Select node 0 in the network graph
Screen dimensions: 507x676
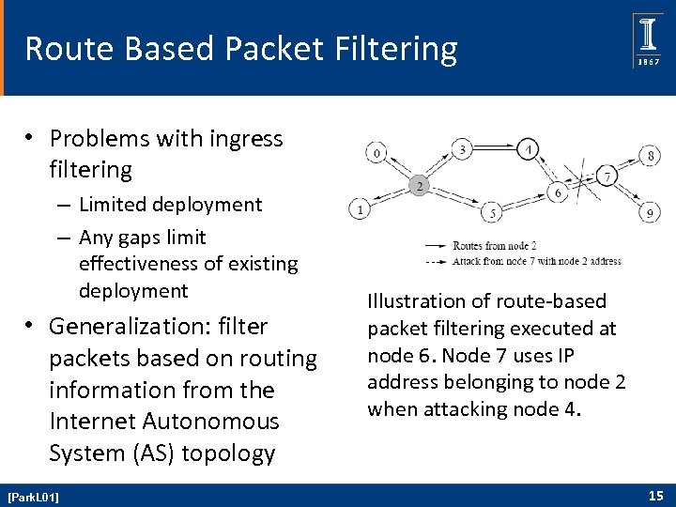[376, 152]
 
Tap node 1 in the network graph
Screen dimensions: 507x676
[360, 208]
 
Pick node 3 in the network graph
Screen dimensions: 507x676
[462, 148]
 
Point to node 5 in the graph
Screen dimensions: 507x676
[493, 214]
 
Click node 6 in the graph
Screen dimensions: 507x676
[558, 192]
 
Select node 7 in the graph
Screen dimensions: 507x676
[607, 177]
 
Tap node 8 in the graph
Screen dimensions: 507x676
[651, 154]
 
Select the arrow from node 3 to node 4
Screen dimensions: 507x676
[496, 146]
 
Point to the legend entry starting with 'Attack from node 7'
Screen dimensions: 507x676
[536, 260]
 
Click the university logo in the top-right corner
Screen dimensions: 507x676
[647, 41]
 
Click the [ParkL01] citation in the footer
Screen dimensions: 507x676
[33, 496]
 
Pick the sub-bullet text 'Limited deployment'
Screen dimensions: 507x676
[171, 204]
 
